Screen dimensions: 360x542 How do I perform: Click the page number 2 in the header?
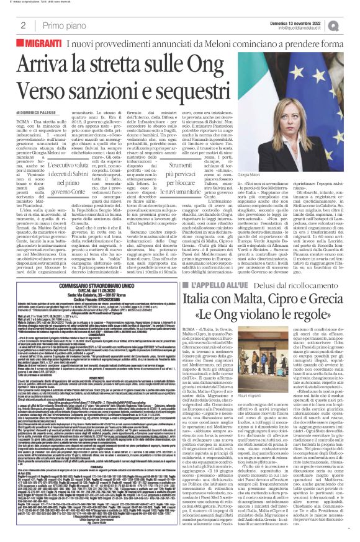point(22,25)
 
